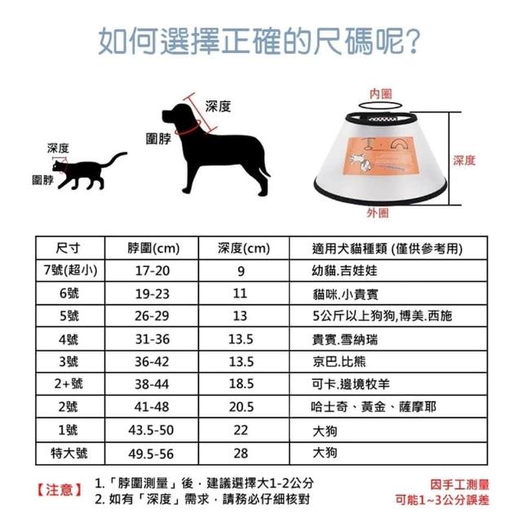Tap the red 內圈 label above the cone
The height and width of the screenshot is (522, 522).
click(381, 94)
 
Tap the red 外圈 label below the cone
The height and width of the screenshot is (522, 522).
click(378, 213)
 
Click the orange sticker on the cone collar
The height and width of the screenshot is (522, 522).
click(380, 155)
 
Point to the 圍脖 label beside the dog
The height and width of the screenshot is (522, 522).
click(158, 139)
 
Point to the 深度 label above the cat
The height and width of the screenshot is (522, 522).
click(58, 148)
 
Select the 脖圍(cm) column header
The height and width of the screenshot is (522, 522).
click(153, 248)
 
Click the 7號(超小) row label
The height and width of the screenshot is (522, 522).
click(70, 270)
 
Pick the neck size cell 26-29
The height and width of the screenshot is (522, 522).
click(152, 316)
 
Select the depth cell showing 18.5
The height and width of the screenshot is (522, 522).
click(241, 384)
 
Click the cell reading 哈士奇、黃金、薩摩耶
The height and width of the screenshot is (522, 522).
click(374, 406)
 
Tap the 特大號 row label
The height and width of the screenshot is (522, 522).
click(69, 453)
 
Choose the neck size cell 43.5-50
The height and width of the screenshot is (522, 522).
click(151, 430)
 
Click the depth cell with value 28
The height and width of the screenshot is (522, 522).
click(241, 453)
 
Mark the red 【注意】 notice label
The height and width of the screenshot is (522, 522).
click(60, 490)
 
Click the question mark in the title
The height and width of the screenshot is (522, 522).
click(414, 42)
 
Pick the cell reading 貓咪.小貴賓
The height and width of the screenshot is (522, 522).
click(345, 294)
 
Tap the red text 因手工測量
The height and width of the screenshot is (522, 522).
click(459, 484)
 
